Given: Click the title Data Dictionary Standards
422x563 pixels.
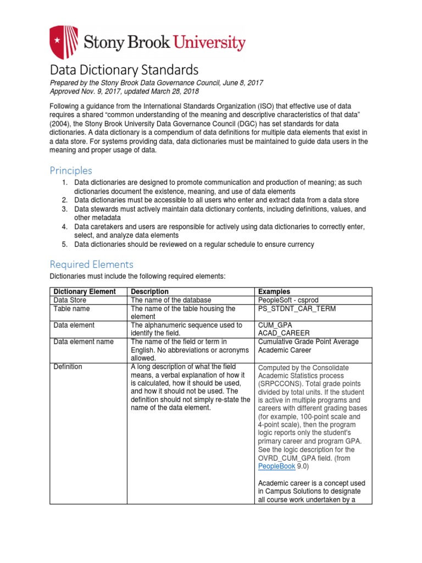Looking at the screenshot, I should click(x=124, y=70).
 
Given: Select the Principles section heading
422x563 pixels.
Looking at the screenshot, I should click(x=71, y=170).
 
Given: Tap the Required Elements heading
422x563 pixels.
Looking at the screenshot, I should click(x=91, y=264).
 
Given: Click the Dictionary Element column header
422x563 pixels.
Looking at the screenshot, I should click(x=84, y=291).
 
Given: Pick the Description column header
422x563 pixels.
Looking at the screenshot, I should click(x=149, y=291).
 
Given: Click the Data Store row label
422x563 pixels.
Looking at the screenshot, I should click(x=70, y=300).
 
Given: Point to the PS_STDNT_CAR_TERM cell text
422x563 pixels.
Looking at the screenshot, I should click(x=297, y=309).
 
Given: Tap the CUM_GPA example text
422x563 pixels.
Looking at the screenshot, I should click(x=275, y=325).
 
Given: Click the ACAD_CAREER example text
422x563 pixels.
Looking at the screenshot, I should click(x=283, y=333).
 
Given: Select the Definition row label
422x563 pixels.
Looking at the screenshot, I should click(x=68, y=366).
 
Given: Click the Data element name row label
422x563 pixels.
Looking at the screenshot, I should click(x=83, y=342).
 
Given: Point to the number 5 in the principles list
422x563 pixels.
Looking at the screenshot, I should click(x=64, y=244).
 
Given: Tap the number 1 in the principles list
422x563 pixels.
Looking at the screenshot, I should click(x=64, y=182).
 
